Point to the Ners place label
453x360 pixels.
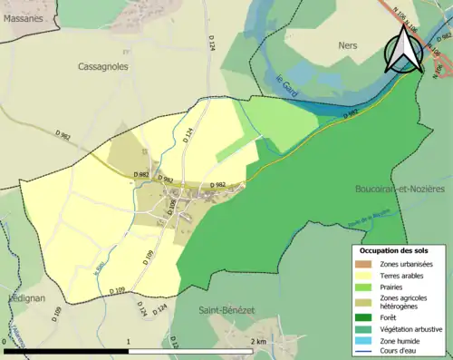[x=346, y=45]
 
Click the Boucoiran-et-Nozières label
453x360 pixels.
[x=399, y=188]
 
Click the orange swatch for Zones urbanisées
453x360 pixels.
[x=366, y=264]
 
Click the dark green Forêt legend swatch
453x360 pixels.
[x=366, y=317]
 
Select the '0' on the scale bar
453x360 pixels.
[x=5, y=341]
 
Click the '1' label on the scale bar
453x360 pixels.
[x=130, y=341]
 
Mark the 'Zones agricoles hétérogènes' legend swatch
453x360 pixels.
[x=366, y=301]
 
